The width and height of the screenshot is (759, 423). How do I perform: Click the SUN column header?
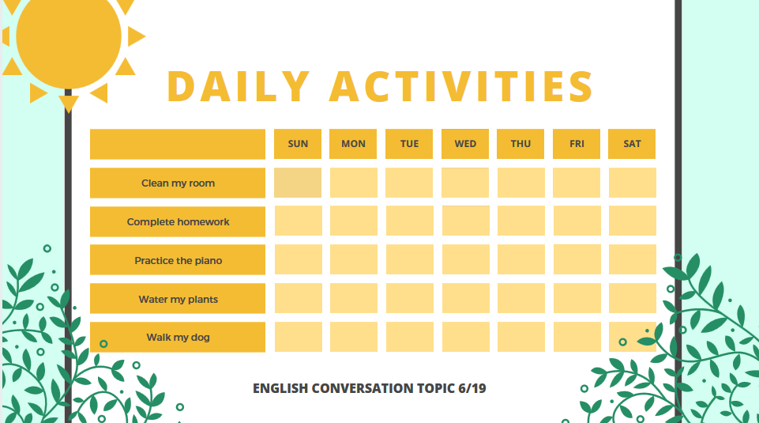coord(298,144)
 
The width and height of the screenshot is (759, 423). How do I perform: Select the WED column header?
coord(465,144)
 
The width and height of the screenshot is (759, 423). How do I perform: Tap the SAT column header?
coord(632,144)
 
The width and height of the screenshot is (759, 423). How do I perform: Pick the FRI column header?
coord(577,144)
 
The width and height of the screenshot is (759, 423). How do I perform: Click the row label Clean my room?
coord(178,183)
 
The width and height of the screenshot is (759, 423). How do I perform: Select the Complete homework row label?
coord(178,222)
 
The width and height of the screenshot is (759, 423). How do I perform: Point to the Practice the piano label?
coord(178,260)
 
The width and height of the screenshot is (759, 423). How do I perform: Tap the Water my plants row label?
coord(178,299)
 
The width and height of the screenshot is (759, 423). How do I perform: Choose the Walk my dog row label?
coord(178,338)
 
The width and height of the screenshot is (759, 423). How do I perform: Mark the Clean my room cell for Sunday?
coord(298,183)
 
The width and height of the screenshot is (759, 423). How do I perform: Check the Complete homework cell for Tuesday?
coord(409,221)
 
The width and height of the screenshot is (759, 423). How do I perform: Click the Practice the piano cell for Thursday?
coord(521,259)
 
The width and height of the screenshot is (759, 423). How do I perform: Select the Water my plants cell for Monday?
coord(354,298)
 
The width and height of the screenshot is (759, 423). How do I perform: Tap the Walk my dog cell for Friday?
coord(577,337)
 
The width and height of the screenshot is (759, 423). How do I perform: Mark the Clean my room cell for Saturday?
coord(633,183)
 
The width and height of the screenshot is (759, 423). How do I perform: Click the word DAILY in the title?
coord(239,86)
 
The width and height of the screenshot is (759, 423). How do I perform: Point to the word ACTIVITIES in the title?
coord(461,86)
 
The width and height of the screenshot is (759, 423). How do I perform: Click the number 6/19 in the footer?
coord(472,388)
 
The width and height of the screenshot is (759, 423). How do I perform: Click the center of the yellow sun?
coord(69,36)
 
